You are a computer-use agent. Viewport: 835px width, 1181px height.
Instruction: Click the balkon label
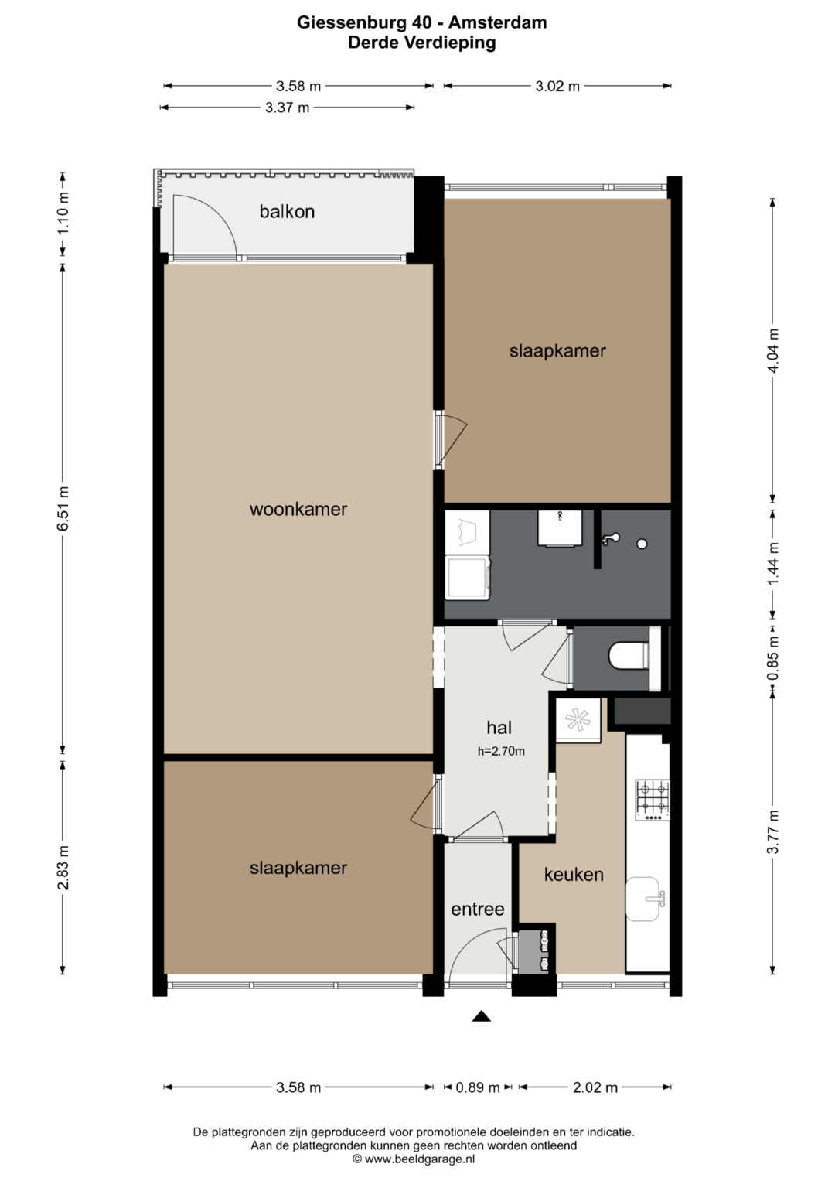pyautogui.click(x=287, y=211)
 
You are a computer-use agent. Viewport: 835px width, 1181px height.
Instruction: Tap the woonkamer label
pyautogui.click(x=298, y=510)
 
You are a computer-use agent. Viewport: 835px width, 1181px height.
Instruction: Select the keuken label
pyautogui.click(x=574, y=875)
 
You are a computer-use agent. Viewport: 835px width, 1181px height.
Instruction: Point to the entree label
pyautogui.click(x=478, y=910)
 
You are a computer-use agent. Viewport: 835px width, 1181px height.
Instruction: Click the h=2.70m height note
pyautogui.click(x=501, y=751)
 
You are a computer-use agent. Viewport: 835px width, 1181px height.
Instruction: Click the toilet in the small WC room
pyautogui.click(x=630, y=657)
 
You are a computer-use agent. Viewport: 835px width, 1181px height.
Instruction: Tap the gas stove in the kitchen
pyautogui.click(x=652, y=800)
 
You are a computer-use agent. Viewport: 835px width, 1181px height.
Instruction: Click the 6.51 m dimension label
pyautogui.click(x=63, y=510)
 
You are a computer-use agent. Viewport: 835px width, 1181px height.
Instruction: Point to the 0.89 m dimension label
pyautogui.click(x=478, y=1087)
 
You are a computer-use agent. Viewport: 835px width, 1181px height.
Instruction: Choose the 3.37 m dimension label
pyautogui.click(x=287, y=108)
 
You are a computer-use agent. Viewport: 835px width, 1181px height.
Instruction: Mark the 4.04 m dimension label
pyautogui.click(x=773, y=350)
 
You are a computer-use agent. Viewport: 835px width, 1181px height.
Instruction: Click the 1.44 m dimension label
pyautogui.click(x=773, y=564)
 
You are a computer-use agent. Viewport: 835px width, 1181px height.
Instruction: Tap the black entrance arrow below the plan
pyautogui.click(x=481, y=1016)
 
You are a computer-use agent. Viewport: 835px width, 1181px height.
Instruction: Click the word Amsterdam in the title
pyautogui.click(x=498, y=22)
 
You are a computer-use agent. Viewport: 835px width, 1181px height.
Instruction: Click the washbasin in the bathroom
pyautogui.click(x=560, y=527)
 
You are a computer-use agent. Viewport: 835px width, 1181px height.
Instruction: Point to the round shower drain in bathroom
pyautogui.click(x=642, y=544)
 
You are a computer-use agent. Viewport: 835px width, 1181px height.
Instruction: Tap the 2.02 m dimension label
pyautogui.click(x=595, y=1087)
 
